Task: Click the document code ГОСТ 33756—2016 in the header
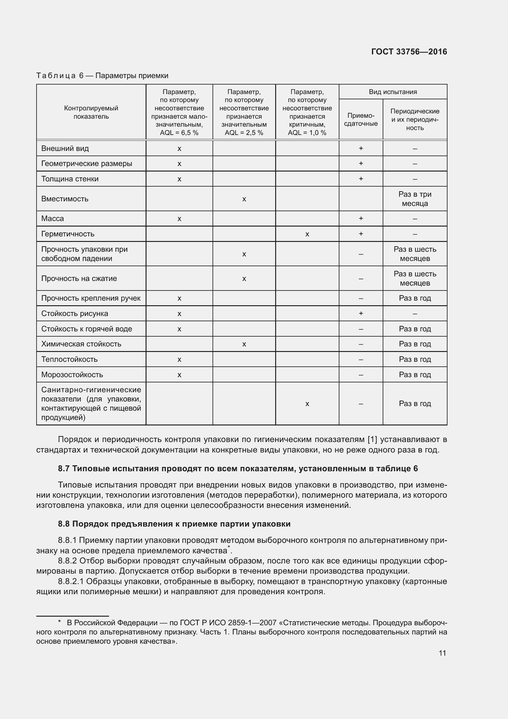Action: [409, 52]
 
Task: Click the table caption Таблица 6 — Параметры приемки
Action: [102, 76]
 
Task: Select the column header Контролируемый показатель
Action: [91, 112]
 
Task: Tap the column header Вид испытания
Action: [393, 92]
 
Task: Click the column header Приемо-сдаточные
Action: [361, 119]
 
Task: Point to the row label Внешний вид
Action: [65, 148]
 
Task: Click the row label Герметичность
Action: [68, 234]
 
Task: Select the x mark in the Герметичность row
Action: [307, 234]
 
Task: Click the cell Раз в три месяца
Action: [414, 199]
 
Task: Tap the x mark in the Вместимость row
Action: [244, 199]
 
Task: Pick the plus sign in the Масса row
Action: [361, 218]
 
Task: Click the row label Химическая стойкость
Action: [81, 344]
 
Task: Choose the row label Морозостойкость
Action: [72, 374]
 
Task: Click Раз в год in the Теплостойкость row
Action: [414, 359]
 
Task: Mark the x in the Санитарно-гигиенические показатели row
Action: [307, 404]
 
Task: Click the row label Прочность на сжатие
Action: [79, 279]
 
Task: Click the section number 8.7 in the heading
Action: [64, 468]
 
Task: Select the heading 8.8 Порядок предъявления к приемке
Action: [174, 524]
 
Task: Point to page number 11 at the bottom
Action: [442, 653]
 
